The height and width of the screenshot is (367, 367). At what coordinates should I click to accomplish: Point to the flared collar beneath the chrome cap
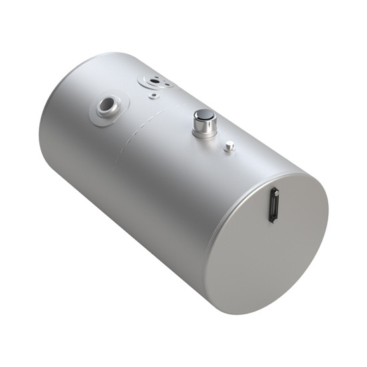click(205, 134)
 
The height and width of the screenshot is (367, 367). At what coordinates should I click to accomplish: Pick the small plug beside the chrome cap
click(229, 146)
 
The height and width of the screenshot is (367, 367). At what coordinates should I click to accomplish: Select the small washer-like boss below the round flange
click(153, 95)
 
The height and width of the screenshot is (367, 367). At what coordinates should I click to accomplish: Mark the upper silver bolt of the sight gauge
click(273, 192)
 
